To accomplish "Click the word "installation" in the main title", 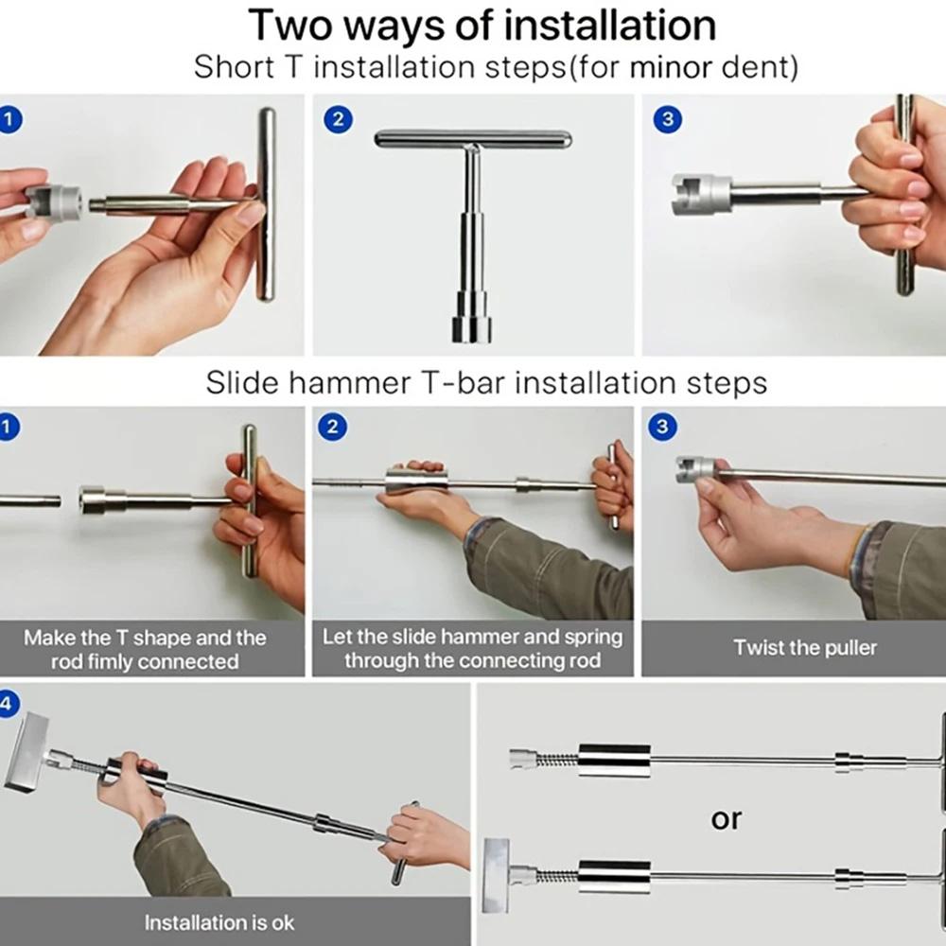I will [x=609, y=25].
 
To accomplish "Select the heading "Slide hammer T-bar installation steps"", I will [x=486, y=383].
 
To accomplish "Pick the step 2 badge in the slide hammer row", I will [x=333, y=428].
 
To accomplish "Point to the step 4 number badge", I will [x=8, y=704].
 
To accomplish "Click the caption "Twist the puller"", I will [x=805, y=648].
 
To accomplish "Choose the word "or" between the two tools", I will [x=726, y=818].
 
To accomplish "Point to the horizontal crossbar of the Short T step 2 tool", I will [x=472, y=139].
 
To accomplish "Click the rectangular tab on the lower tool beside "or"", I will [x=498, y=875].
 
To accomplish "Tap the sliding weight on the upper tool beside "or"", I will [x=614, y=760].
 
